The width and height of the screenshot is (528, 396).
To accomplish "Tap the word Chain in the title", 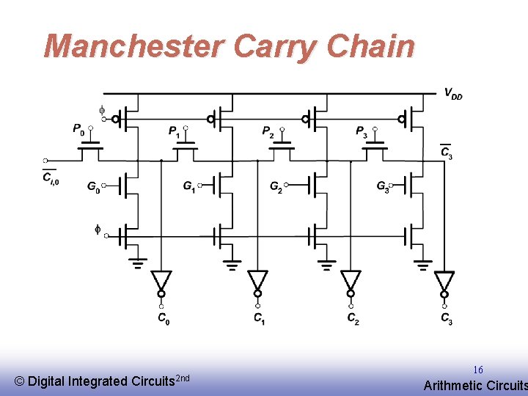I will [x=371, y=45].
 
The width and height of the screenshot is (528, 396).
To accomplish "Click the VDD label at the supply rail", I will [x=452, y=94].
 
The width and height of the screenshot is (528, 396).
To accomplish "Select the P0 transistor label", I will [x=78, y=129].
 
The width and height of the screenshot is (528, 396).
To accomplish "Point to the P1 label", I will [x=174, y=131].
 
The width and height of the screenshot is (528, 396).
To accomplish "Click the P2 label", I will [x=268, y=131].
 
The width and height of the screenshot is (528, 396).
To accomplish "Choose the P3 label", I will [x=362, y=131].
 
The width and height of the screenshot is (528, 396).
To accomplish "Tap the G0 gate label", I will [x=93, y=187].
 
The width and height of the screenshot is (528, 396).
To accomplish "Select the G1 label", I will [x=189, y=187].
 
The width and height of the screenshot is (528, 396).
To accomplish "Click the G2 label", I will [x=276, y=187].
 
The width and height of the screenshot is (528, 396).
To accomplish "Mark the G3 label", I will [x=383, y=187].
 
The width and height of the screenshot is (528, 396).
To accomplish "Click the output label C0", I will [x=164, y=318].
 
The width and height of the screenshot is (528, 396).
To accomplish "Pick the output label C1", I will [x=259, y=318].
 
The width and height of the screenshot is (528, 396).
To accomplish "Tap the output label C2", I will [x=353, y=318].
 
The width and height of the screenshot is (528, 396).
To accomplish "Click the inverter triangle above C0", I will [x=161, y=280].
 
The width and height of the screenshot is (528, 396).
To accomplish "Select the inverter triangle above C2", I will [x=351, y=280].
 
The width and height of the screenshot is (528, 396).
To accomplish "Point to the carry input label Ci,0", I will [x=50, y=177].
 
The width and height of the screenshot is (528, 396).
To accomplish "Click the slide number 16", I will [x=477, y=370].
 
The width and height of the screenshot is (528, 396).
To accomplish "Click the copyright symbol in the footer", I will [x=19, y=381].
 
